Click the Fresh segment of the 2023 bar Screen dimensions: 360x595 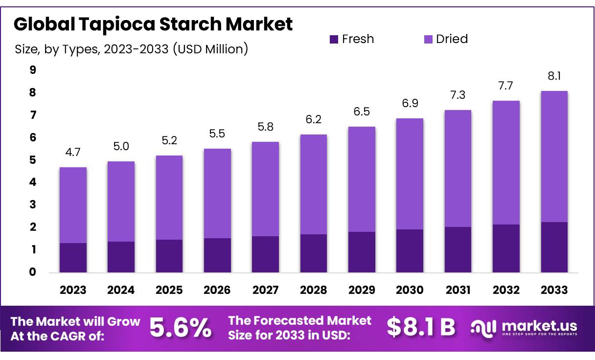point(73,258)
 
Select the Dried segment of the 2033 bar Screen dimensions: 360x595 point(554,157)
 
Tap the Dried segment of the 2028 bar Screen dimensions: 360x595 point(314,184)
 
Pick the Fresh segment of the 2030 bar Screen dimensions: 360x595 point(410,251)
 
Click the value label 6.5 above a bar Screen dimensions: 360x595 point(362,112)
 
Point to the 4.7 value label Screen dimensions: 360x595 point(73,153)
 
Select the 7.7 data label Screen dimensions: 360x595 point(506,86)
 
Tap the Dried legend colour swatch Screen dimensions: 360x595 point(428,39)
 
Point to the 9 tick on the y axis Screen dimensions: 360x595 point(33,70)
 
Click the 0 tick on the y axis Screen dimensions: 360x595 point(33,272)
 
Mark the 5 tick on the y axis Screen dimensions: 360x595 point(33,160)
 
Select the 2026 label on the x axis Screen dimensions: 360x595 point(217,290)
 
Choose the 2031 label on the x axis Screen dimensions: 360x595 point(458,290)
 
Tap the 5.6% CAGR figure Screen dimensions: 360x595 point(181,328)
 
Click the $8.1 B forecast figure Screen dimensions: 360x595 point(420,328)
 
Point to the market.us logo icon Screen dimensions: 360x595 point(483,328)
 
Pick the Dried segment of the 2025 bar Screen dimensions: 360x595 point(169,198)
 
